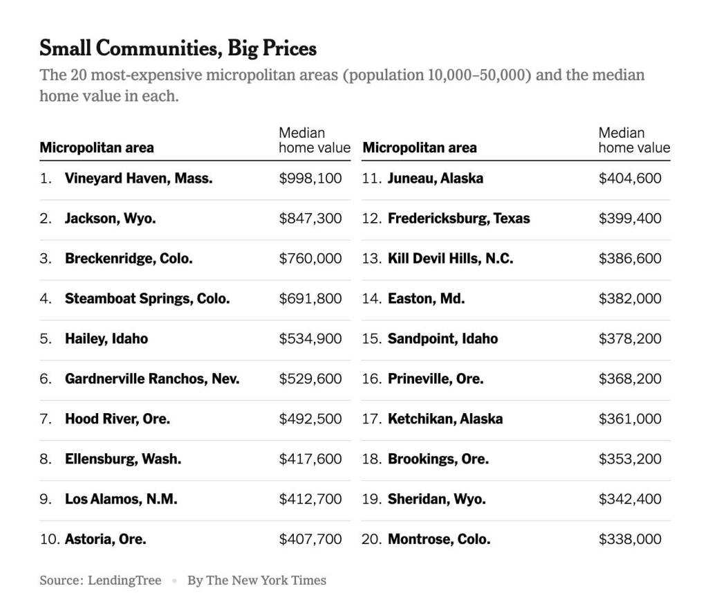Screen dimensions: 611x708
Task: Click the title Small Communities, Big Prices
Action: [178, 48]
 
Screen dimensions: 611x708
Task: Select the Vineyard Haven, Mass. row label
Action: [138, 179]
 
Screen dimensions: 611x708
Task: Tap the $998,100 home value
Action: [310, 179]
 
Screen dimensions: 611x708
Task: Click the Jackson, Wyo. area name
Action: [110, 219]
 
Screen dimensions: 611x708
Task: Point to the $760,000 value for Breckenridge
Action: [310, 259]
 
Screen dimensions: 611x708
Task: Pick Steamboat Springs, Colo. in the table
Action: [147, 299]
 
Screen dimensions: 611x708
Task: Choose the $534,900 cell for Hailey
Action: [310, 339]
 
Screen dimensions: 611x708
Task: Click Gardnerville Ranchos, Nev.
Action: [152, 379]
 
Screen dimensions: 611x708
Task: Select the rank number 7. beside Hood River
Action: [46, 419]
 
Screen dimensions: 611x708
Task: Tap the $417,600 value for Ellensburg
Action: [310, 459]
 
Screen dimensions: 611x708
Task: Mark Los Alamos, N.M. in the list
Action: [121, 500]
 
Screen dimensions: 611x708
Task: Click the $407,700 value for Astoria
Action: [310, 540]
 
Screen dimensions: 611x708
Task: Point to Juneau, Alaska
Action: [435, 179]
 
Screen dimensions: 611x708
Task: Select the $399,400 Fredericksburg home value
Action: [630, 219]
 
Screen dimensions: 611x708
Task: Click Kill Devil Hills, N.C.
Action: [450, 259]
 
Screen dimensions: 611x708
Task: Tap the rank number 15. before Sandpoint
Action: [372, 339]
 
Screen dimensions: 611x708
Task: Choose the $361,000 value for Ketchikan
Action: [630, 419]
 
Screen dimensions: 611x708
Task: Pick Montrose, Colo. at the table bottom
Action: [439, 540]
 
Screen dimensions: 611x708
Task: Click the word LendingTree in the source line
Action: [124, 581]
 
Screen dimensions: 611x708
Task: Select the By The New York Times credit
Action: [257, 581]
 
